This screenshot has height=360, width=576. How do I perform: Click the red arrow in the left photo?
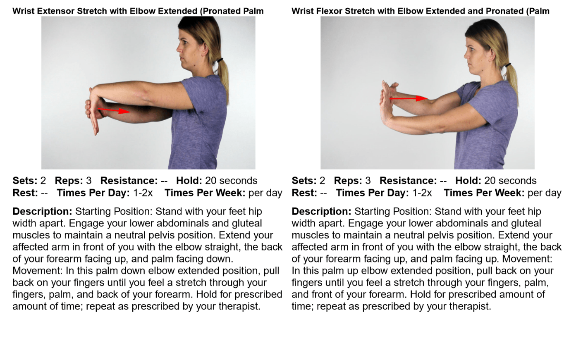114,110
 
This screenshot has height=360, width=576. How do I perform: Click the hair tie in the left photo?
220,60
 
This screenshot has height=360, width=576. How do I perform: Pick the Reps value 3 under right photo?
368,181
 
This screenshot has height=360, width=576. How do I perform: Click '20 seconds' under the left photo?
231,181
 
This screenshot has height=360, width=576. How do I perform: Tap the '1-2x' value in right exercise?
422,193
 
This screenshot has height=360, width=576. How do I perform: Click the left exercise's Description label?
42,211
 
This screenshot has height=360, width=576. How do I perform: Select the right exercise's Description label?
321,211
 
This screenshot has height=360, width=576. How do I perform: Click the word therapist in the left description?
238,306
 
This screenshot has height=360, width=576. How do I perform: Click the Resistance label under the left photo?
129,181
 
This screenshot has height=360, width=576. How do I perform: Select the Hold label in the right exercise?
468,181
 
